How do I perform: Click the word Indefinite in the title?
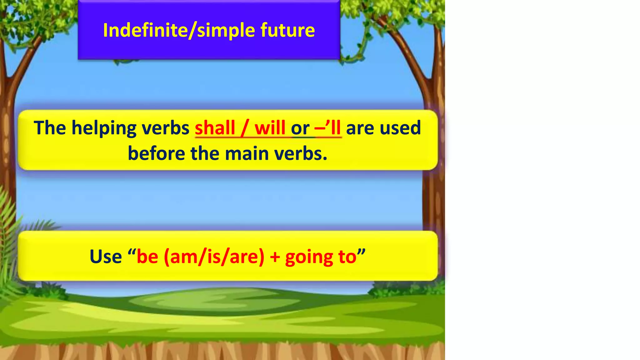pyautogui.click(x=145, y=30)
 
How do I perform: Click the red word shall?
pyautogui.click(x=215, y=128)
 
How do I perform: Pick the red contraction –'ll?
pyautogui.click(x=328, y=128)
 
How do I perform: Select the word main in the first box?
pyautogui.click(x=247, y=154)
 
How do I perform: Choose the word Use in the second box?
pyautogui.click(x=106, y=257)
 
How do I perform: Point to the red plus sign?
pyautogui.click(x=275, y=257)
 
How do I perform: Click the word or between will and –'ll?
pyautogui.click(x=300, y=128)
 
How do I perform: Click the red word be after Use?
pyautogui.click(x=147, y=257)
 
